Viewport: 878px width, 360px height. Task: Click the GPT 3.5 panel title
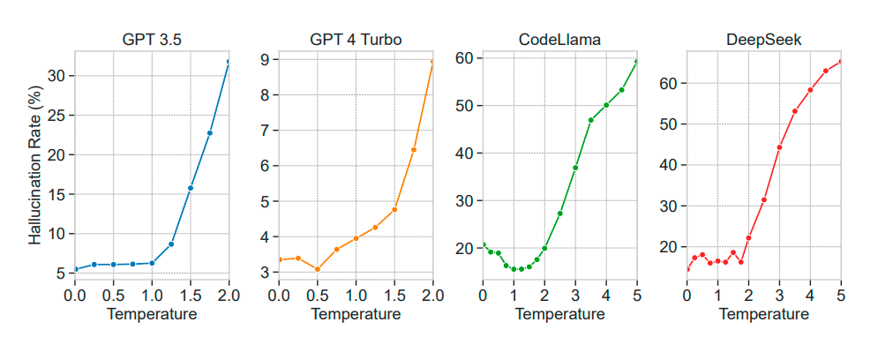tap(151, 39)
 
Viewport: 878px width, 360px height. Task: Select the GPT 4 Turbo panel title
tap(355, 39)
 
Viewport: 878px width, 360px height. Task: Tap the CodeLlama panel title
tap(559, 39)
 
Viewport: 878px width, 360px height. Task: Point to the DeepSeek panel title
tap(764, 39)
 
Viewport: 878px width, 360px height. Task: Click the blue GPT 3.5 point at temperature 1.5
tap(191, 188)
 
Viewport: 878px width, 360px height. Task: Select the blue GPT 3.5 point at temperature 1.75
tap(210, 133)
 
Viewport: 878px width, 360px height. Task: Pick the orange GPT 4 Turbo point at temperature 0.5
tap(317, 270)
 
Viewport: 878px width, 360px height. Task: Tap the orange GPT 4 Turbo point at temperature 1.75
tap(414, 149)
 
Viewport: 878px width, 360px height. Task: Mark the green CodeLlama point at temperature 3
tap(575, 168)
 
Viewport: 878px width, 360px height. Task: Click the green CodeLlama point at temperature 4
tap(606, 105)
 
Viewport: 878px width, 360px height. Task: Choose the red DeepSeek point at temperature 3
tap(779, 147)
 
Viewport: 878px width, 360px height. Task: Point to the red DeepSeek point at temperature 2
tap(748, 237)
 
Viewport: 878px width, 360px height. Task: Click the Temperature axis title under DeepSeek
tap(764, 313)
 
